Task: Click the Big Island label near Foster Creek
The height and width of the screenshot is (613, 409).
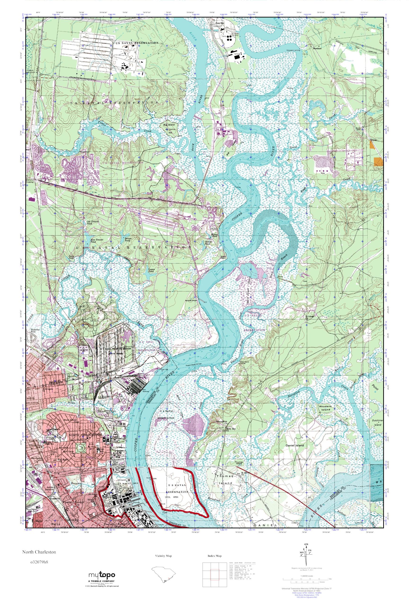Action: tap(169, 125)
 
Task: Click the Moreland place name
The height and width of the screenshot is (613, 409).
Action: tap(317, 48)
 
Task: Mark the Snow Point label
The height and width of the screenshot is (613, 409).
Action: tap(223, 257)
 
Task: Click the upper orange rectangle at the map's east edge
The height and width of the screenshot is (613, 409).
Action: tap(373, 144)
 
